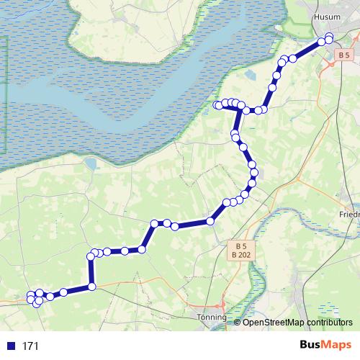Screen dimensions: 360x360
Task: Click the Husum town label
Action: (328, 17)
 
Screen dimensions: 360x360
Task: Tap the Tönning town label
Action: (211, 316)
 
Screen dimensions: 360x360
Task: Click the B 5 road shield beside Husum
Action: (343, 55)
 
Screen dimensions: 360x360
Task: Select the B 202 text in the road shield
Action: (240, 254)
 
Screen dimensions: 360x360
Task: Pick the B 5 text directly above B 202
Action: (240, 246)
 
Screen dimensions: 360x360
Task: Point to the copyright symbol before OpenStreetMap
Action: (238, 322)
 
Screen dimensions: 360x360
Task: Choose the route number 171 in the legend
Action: (30, 346)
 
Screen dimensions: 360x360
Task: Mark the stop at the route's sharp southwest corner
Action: (91, 287)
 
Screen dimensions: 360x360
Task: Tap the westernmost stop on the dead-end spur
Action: (217, 106)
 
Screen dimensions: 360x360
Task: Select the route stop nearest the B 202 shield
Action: (211, 221)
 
